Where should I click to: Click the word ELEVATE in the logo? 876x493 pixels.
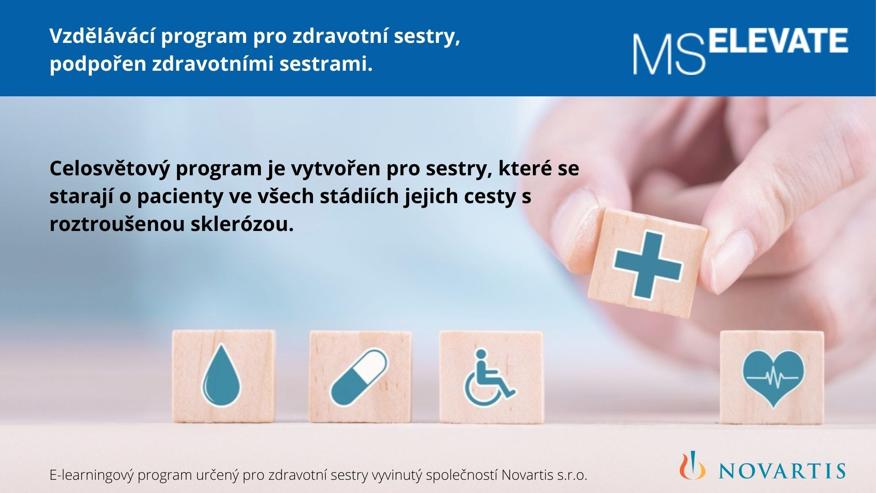tap(779, 40)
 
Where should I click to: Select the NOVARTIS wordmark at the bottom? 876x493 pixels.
tap(782, 471)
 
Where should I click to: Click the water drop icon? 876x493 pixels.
tap(221, 375)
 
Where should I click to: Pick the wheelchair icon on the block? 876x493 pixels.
tap(489, 378)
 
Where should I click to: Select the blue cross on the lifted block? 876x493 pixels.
tap(648, 265)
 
